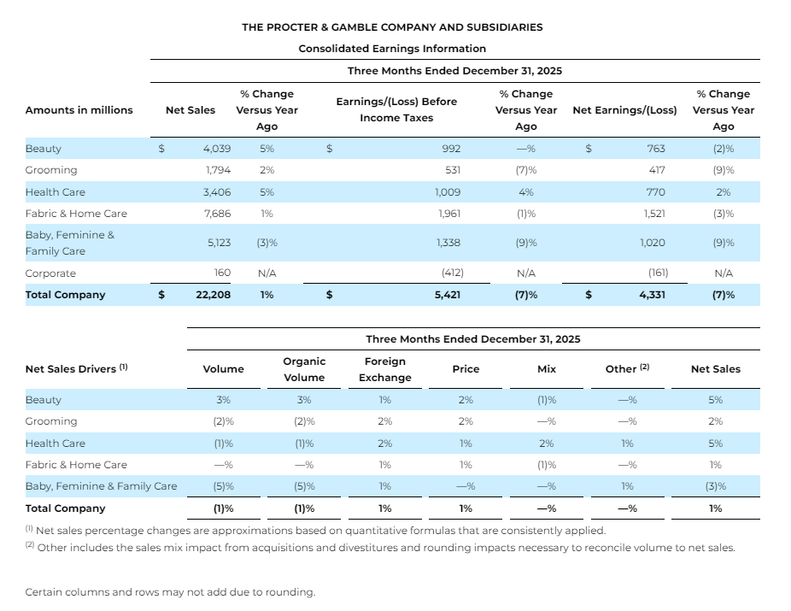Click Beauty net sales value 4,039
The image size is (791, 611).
click(x=217, y=149)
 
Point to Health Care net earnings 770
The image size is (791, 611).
click(x=655, y=192)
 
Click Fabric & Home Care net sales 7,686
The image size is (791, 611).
click(x=217, y=214)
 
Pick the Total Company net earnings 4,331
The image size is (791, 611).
click(x=652, y=295)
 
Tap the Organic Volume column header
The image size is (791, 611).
click(x=304, y=369)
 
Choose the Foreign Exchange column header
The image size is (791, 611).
click(x=385, y=369)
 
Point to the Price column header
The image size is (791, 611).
click(x=466, y=369)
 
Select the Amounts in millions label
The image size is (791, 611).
click(x=79, y=110)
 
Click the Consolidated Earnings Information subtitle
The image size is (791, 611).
click(x=392, y=49)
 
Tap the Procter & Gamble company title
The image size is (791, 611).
click(x=392, y=27)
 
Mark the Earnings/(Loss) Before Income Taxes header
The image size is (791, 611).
click(x=396, y=109)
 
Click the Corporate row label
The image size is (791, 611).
click(x=50, y=273)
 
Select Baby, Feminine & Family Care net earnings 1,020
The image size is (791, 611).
click(x=653, y=243)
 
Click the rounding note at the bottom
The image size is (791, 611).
click(x=170, y=592)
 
